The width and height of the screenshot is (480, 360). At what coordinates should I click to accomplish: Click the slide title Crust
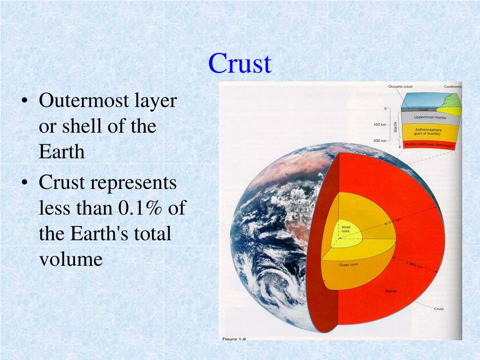[240, 63]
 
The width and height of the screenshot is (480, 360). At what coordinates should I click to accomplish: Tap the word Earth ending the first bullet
[61, 152]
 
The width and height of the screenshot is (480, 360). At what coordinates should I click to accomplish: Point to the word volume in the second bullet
[70, 259]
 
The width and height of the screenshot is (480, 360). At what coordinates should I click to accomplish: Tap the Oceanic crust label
[400, 87]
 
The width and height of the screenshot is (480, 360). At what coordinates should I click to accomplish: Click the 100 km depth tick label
[380, 125]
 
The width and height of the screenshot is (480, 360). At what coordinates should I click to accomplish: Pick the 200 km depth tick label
[380, 141]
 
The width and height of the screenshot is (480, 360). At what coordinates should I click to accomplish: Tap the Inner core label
[345, 229]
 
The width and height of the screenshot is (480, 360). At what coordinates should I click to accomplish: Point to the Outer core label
[348, 265]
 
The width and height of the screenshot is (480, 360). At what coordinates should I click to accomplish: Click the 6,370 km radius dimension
[393, 222]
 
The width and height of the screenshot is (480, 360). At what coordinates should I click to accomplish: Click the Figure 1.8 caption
[234, 339]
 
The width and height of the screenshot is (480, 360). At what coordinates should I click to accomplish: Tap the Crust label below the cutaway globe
[439, 308]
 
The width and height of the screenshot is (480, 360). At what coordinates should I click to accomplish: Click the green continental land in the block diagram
[452, 100]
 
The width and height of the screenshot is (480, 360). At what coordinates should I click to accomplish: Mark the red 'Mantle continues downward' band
[429, 144]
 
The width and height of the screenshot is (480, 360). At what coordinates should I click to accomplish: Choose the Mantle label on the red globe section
[391, 291]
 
